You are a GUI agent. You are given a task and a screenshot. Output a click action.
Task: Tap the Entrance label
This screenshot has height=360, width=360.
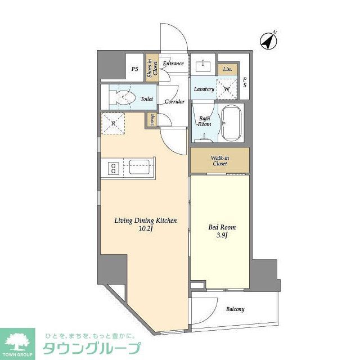pyautogui.click(x=173, y=64)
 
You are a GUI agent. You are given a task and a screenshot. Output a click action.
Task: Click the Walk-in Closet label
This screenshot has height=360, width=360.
pyautogui.click(x=219, y=160)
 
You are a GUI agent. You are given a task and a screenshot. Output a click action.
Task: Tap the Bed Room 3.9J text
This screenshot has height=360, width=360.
pyautogui.click(x=222, y=232)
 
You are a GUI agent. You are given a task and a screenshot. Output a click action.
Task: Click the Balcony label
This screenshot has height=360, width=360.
pyautogui.click(x=235, y=309)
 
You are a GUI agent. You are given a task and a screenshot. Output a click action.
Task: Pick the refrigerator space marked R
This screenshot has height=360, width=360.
pyautogui.click(x=112, y=124)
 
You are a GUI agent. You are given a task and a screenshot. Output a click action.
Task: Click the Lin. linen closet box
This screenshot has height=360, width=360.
pyautogui.click(x=227, y=69)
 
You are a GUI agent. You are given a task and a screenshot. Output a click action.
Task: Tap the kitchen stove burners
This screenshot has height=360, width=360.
pyautogui.click(x=112, y=167)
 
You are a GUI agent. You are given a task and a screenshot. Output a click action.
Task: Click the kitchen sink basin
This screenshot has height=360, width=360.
pyautogui.click(x=138, y=167)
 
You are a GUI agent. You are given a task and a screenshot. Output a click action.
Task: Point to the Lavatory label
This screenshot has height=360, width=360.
pyautogui.click(x=203, y=89)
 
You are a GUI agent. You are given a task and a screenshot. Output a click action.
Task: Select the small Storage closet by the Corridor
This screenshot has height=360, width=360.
pyautogui.click(x=151, y=120)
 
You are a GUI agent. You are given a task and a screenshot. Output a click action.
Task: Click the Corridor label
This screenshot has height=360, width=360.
pyautogui.click(x=175, y=102)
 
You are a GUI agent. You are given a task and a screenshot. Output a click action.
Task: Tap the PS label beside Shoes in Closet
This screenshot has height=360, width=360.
pyautogui.click(x=134, y=69)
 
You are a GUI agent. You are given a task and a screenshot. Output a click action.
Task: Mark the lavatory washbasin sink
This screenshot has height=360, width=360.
pyautogui.click(x=203, y=66)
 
